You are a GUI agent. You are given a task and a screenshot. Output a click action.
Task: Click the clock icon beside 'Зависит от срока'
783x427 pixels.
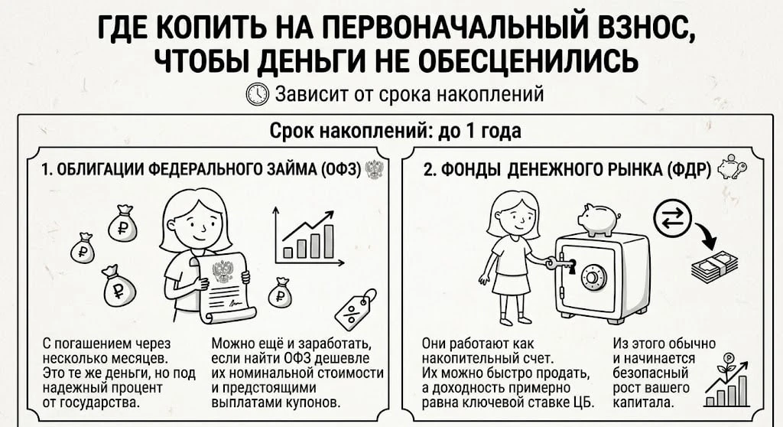click(258, 94)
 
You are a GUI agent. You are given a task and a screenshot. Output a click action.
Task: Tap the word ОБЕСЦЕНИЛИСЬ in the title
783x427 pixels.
click(528, 61)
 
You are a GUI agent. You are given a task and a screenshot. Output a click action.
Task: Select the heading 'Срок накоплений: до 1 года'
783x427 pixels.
click(395, 131)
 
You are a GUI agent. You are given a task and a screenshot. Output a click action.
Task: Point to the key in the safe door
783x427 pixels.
click(560, 263)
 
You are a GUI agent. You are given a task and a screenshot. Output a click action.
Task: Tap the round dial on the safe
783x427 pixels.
click(593, 278)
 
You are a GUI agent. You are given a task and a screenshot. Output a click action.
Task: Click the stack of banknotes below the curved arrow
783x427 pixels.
click(715, 265)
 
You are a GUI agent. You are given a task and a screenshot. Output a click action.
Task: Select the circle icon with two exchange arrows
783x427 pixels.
click(672, 219)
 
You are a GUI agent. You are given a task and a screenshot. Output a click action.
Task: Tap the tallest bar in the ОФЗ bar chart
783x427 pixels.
click(329, 241)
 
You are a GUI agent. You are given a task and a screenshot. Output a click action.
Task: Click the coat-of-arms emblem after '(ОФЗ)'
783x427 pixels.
click(373, 170)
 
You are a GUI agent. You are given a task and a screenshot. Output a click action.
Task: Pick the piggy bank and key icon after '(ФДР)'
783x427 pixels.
click(732, 167)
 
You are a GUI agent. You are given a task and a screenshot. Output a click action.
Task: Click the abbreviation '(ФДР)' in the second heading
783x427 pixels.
click(689, 170)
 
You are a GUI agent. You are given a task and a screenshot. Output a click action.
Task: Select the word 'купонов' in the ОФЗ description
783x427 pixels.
click(310, 402)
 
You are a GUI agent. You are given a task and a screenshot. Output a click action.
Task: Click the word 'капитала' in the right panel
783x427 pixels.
click(643, 402)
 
